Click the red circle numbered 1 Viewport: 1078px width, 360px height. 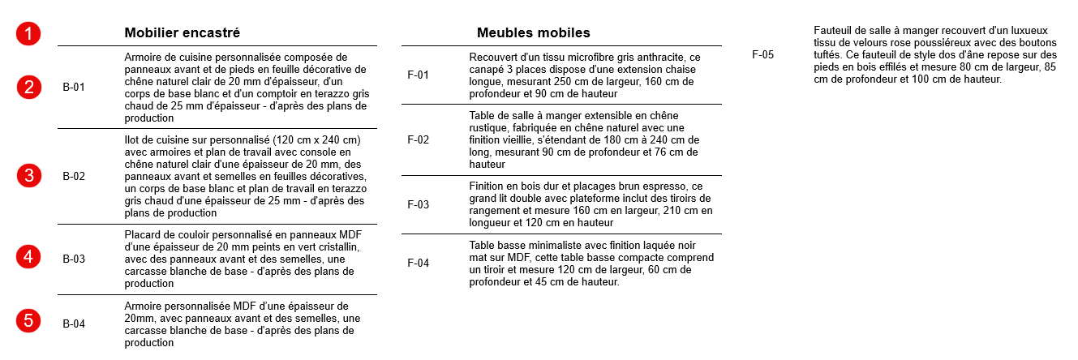(28, 34)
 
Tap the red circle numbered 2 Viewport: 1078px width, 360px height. (28, 87)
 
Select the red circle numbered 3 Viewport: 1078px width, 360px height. (28, 175)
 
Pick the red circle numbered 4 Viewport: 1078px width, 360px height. (28, 257)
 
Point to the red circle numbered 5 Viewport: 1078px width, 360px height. (28, 321)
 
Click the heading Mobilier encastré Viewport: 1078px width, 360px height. (182, 33)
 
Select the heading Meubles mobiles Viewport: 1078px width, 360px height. (533, 33)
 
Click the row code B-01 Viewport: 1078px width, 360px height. (74, 87)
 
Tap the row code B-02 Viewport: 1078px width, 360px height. (74, 176)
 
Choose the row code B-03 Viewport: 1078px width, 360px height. (74, 259)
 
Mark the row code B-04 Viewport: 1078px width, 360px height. (74, 324)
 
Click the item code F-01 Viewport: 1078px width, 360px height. (418, 75)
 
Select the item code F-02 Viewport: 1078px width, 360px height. (418, 139)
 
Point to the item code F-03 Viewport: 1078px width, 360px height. (418, 204)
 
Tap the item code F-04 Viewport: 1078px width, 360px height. (418, 263)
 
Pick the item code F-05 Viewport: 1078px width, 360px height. (762, 55)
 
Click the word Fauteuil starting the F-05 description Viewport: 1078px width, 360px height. (832, 31)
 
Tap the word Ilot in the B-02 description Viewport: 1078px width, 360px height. (132, 140)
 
